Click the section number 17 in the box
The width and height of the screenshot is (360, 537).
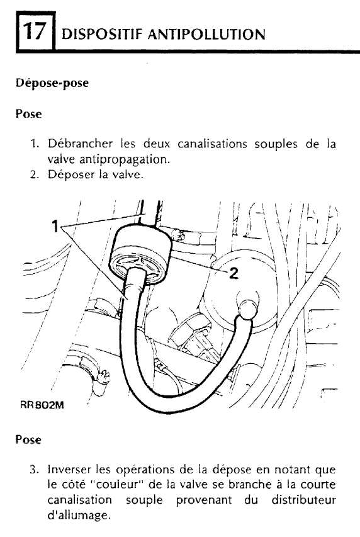click(35, 31)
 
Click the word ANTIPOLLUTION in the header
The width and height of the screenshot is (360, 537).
click(207, 35)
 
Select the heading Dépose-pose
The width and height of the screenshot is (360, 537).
click(52, 83)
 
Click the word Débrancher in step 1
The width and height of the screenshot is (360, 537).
click(80, 144)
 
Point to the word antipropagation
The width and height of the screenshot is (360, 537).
click(125, 160)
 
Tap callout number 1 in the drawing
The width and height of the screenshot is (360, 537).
click(55, 226)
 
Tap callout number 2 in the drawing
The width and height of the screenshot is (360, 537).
click(234, 273)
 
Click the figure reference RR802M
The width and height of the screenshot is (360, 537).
click(42, 405)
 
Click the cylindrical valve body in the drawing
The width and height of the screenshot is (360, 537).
click(141, 254)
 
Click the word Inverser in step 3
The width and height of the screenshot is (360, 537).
click(69, 469)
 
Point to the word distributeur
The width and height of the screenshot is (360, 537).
click(303, 500)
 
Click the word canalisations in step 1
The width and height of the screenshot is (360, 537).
click(212, 144)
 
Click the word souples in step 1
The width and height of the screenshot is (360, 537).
click(276, 144)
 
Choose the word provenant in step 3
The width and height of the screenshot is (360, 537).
click(204, 500)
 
